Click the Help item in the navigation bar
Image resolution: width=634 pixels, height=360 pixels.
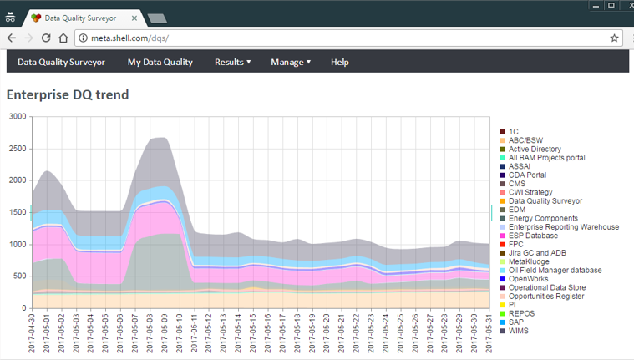(340, 63)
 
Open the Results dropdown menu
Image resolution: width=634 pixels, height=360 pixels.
(232, 63)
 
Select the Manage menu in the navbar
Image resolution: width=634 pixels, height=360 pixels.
(291, 63)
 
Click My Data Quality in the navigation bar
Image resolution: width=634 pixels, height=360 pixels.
(160, 63)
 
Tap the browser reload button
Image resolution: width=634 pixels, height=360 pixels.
(46, 38)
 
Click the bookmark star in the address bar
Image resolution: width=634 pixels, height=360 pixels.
(614, 38)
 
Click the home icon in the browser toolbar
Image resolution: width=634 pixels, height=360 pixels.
(63, 38)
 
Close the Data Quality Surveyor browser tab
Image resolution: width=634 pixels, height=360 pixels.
(134, 18)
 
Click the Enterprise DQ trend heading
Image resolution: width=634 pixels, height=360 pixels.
(68, 94)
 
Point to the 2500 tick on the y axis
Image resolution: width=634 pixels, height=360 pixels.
(18, 149)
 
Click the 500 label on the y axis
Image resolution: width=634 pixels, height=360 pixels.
(20, 276)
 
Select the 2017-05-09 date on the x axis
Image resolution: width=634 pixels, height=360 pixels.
(165, 332)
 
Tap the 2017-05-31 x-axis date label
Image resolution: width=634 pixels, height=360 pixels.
(489, 332)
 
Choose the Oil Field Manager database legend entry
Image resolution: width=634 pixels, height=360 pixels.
(550, 270)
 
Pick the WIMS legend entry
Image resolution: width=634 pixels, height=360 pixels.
(515, 331)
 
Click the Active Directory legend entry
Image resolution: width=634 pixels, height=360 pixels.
(530, 149)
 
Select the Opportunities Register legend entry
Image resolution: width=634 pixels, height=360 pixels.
(542, 296)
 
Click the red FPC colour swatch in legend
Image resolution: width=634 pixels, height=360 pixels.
(503, 244)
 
